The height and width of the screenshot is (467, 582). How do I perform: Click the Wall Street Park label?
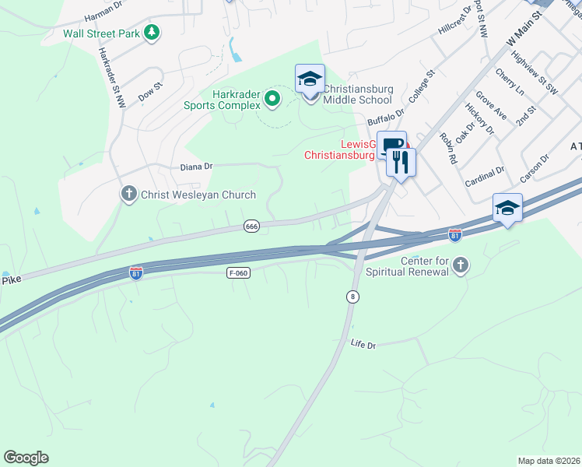point(103,33)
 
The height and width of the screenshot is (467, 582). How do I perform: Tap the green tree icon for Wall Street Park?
point(153,33)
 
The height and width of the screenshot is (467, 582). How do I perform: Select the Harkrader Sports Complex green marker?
point(272,99)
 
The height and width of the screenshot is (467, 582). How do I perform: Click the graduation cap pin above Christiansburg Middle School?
point(310,79)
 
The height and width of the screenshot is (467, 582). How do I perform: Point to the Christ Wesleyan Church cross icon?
point(129,193)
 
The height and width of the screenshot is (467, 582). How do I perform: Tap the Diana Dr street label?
point(196,167)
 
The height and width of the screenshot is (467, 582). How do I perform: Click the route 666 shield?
point(251,226)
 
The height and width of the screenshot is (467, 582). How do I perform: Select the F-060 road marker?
point(239,273)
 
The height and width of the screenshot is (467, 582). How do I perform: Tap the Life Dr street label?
point(363,344)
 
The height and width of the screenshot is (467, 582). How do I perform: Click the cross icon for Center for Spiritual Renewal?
point(460,266)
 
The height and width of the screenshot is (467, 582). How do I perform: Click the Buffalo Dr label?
point(387,117)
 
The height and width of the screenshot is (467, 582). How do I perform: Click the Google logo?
point(26,458)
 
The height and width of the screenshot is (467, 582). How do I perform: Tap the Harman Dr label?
point(105,6)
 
